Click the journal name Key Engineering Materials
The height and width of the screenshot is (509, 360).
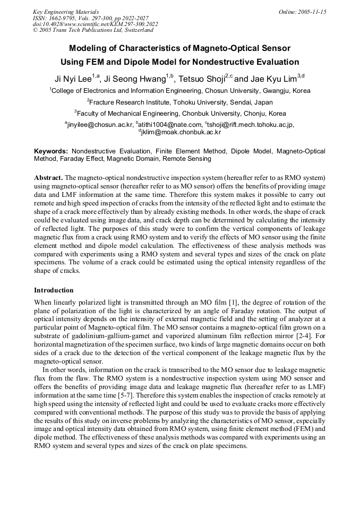click(x=66, y=11)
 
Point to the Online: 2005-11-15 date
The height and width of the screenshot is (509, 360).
click(x=302, y=11)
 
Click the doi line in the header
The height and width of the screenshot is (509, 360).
click(x=95, y=24)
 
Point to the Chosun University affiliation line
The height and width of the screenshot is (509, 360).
click(x=180, y=91)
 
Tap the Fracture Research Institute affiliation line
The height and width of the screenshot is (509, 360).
click(x=180, y=102)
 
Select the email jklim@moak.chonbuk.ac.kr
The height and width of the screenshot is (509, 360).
click(x=181, y=132)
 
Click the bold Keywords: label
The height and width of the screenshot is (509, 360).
click(x=51, y=151)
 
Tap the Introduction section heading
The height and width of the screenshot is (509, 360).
click(x=54, y=290)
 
